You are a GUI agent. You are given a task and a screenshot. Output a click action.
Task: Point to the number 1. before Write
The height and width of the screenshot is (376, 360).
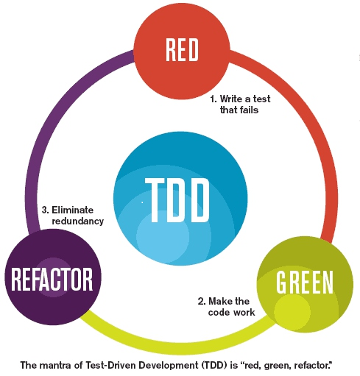pyautogui.click(x=214, y=97)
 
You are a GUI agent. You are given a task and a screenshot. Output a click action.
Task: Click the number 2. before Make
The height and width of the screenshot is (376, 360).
pyautogui.click(x=202, y=301)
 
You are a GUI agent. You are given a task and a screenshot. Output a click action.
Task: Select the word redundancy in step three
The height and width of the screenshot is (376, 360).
pyautogui.click(x=77, y=221)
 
